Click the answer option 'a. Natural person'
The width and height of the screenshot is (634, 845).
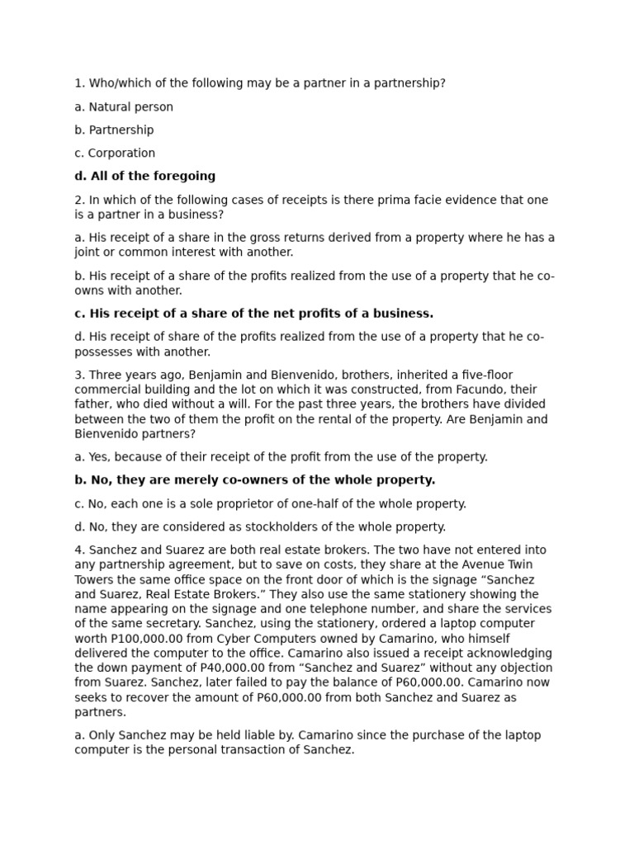pos(124,106)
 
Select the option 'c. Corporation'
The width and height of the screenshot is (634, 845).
pos(115,153)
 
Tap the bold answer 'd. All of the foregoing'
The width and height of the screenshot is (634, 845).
pos(144,176)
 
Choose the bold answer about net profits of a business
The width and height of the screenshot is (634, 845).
pos(253,314)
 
